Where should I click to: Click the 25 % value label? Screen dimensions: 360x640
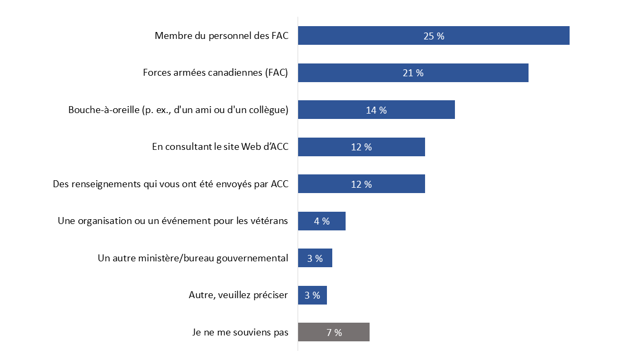434,36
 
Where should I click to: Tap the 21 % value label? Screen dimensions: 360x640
413,73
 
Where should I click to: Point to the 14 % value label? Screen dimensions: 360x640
376,110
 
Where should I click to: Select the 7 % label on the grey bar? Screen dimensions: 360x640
334,333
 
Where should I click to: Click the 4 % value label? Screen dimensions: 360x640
322,221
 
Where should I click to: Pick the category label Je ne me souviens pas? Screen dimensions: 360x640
240,332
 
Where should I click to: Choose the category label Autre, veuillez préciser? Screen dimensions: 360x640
238,295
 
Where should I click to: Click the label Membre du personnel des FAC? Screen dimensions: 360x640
221,36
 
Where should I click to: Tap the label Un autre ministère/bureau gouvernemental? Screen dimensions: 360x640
193,258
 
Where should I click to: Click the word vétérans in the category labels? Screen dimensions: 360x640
270,221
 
